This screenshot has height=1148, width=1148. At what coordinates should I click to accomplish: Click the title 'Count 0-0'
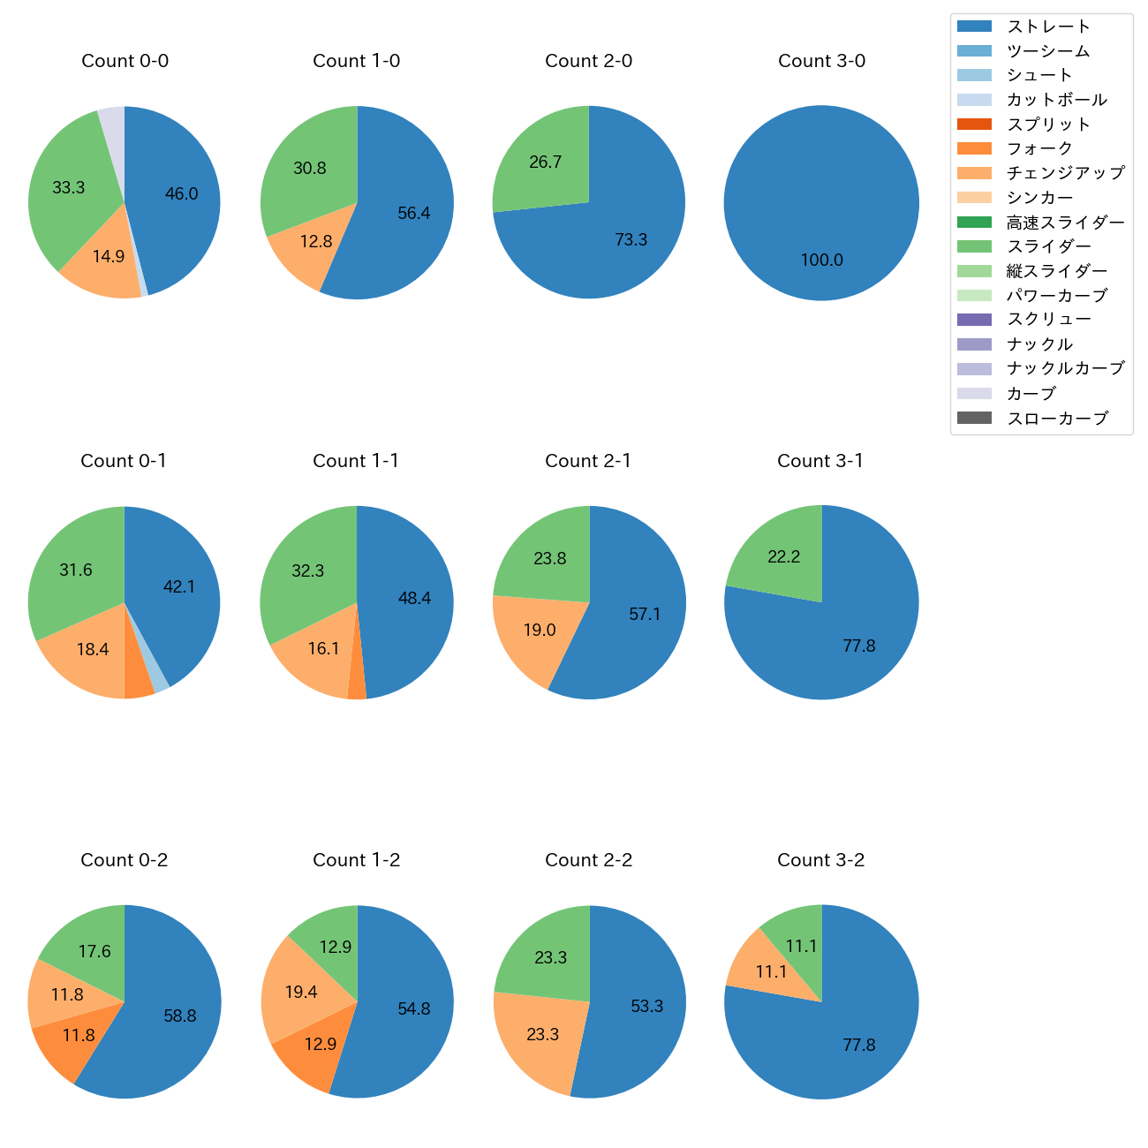125,61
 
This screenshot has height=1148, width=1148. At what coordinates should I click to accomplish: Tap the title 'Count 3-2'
820,860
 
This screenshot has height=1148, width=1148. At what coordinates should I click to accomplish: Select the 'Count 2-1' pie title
588,461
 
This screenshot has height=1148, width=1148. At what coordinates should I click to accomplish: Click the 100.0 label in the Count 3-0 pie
821,261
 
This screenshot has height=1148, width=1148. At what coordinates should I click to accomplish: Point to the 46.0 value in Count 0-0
182,194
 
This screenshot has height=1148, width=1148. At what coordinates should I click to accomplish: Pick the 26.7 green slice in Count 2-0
540,163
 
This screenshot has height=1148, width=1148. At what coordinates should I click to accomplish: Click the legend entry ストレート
1048,26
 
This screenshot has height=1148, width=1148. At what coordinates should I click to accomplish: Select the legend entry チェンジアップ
1065,173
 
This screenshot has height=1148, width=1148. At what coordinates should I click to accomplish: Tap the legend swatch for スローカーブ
974,418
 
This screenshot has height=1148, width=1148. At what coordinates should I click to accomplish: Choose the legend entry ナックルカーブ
1065,369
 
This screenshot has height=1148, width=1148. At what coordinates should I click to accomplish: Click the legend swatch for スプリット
974,125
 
